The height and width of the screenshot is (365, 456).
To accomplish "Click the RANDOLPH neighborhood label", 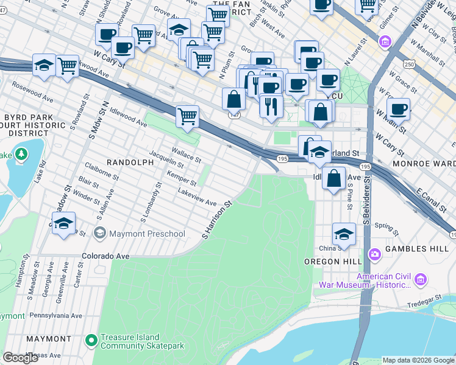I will (x=130, y=162).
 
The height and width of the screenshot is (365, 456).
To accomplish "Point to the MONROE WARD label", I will (x=424, y=164).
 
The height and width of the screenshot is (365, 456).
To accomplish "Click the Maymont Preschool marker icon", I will (x=99, y=234).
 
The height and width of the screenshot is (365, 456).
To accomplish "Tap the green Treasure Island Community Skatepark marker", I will (x=91, y=341).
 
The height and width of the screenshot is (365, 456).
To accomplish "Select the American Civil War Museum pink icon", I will (x=420, y=280).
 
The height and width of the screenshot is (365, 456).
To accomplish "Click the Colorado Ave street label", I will (x=106, y=256).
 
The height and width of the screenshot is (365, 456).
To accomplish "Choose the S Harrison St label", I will (x=219, y=220).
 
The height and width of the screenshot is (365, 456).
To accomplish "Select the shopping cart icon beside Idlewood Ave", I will (x=188, y=115).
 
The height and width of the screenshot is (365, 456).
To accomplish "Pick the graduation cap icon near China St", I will (x=344, y=234).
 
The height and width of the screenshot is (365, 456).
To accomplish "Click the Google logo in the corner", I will (x=20, y=358).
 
